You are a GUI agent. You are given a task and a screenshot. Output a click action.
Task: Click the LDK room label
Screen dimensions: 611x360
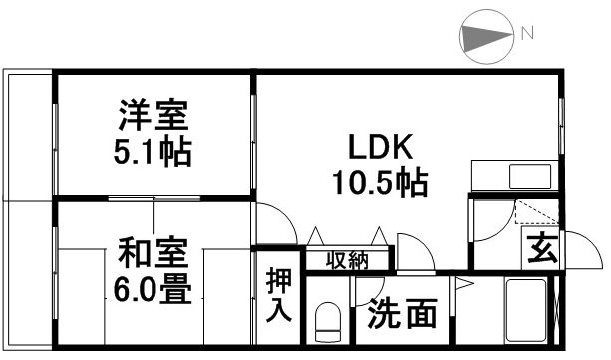point(380,147)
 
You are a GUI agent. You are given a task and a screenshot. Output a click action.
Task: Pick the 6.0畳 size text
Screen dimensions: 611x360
point(152,288)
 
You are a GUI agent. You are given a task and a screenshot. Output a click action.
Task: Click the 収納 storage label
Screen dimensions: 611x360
point(347,261)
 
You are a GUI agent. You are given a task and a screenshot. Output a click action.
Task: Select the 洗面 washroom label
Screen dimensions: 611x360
point(402,315)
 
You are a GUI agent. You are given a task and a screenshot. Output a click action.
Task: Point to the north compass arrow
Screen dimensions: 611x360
point(485,37)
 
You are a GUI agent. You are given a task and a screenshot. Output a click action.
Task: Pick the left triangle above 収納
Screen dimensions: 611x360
point(316,237)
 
